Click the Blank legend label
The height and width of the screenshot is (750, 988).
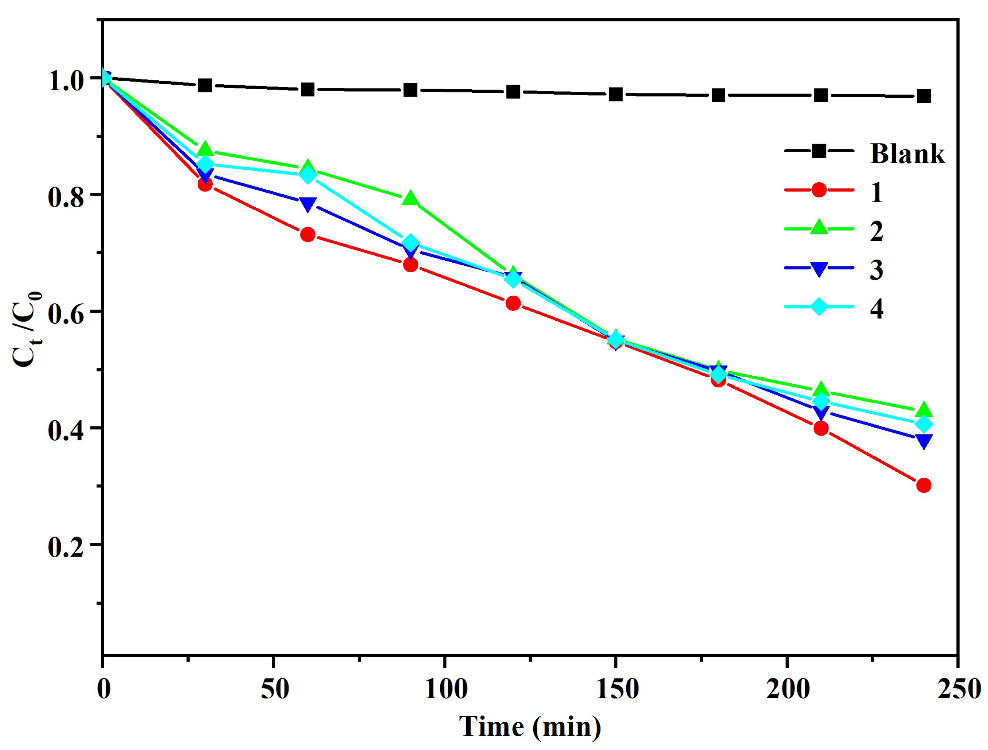(907, 154)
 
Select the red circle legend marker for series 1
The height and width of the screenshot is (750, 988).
(819, 190)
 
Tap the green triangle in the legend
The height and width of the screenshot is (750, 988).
(819, 227)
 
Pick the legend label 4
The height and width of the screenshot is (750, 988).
(876, 308)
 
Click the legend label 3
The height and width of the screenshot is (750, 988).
(876, 270)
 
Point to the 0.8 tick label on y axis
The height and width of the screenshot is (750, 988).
(66, 197)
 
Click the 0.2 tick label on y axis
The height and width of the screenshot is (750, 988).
(66, 547)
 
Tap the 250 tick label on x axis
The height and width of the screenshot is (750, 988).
(958, 689)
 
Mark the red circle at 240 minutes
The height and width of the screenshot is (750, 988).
(924, 485)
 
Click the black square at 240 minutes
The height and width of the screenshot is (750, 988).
(924, 96)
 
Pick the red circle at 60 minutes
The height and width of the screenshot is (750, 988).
(308, 234)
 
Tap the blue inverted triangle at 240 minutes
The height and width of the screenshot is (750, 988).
(924, 441)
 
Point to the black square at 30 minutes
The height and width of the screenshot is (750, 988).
(205, 85)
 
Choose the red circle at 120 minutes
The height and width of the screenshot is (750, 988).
(513, 303)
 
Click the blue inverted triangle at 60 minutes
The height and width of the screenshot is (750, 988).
(308, 204)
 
